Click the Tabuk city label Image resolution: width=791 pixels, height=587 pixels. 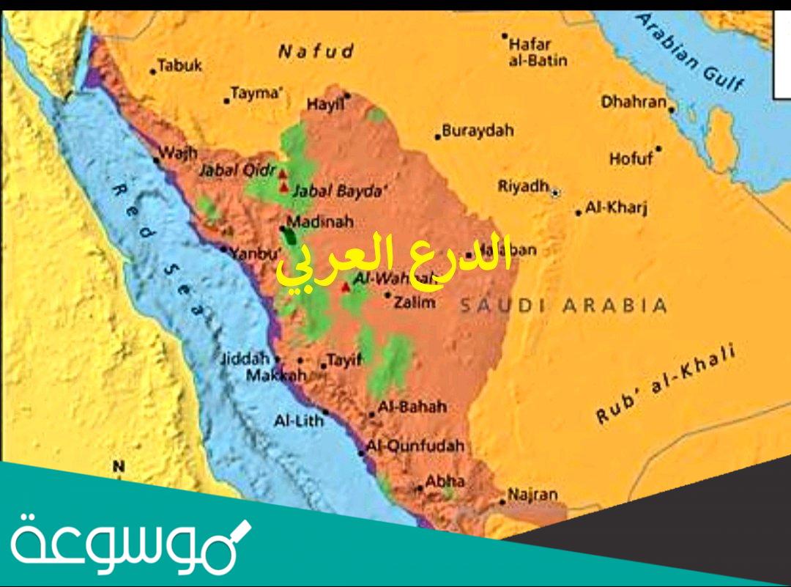tap(179, 66)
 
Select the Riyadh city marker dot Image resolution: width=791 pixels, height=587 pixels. tap(555, 192)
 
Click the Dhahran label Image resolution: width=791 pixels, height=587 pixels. tap(634, 102)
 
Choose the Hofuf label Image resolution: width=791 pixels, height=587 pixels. tap(631, 158)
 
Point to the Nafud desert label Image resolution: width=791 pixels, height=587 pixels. tap(316, 51)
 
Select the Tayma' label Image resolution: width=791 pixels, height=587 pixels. tap(256, 93)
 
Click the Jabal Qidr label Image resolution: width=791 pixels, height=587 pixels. tap(237, 169)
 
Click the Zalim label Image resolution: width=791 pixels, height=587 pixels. tap(415, 301)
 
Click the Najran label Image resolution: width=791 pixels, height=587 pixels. tap(532, 495)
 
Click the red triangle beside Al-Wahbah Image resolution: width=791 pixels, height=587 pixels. tap(346, 287)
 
